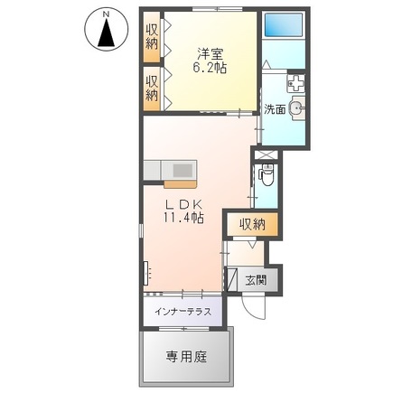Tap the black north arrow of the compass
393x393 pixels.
tap(106, 36)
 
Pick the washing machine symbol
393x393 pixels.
tap(297, 84)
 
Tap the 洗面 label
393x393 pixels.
tap(275, 109)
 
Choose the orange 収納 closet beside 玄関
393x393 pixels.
tap(253, 225)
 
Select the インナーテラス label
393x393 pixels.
tap(183, 312)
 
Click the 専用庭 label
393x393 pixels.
tap(186, 355)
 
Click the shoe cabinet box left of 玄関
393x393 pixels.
tap(232, 279)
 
